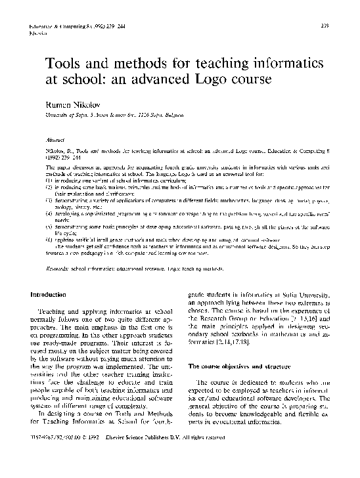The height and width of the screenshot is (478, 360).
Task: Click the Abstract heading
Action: [55, 140]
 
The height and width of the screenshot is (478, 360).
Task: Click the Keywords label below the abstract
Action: [56, 269]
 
